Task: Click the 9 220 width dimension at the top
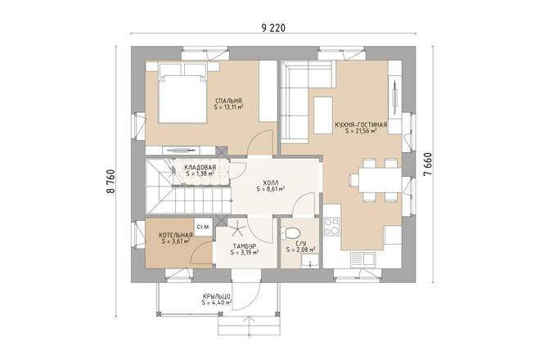pos(273,28)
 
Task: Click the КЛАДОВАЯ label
pos(200,168)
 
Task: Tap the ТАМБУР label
pos(245,246)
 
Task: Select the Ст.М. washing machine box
pos(201,227)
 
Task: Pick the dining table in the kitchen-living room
pos(374,180)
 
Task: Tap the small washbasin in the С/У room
pos(308,260)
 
